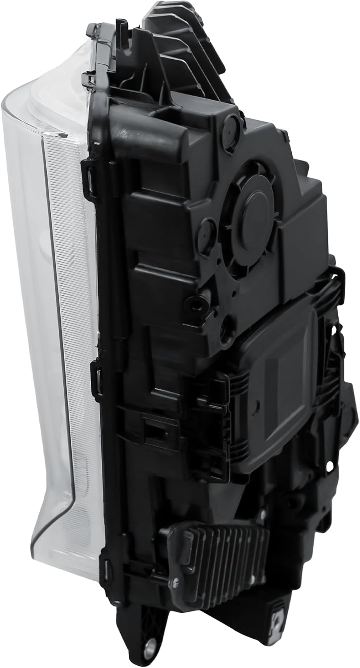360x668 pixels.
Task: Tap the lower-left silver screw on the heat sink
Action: (x=175, y=582)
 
